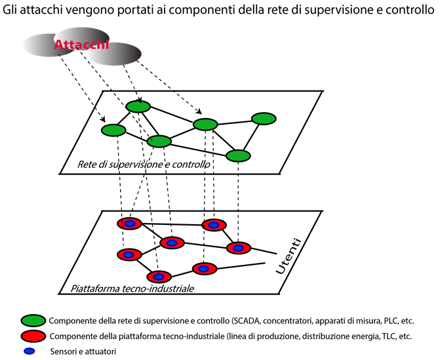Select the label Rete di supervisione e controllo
(144, 164)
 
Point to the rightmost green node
(264, 119)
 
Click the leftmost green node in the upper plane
(113, 130)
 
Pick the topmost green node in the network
(138, 107)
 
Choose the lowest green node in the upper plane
(238, 155)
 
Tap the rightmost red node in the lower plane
(239, 248)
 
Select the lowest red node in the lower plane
(159, 276)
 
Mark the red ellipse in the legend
(33, 336)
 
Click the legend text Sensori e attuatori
(88, 351)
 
